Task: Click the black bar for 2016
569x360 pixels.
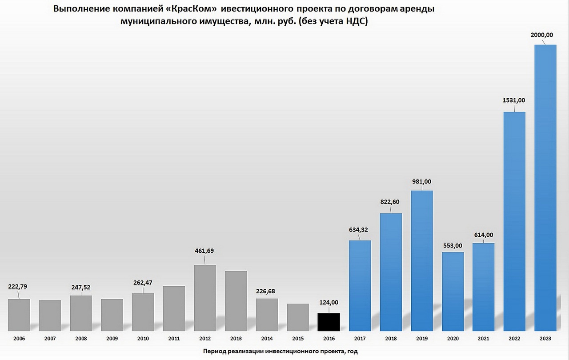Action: pyautogui.click(x=329, y=322)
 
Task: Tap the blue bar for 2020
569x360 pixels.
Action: pyautogui.click(x=453, y=291)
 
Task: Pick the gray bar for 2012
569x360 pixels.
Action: pyautogui.click(x=205, y=298)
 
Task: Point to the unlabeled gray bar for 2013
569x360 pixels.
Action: pyautogui.click(x=236, y=300)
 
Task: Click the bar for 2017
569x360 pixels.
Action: pyautogui.click(x=360, y=285)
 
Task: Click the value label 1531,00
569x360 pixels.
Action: pyautogui.click(x=513, y=101)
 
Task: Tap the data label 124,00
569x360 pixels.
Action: pyautogui.click(x=329, y=302)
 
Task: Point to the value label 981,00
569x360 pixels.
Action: pyautogui.click(x=421, y=181)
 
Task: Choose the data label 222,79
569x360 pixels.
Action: pyautogui.click(x=18, y=286)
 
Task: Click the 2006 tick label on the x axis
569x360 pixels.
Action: pyautogui.click(x=19, y=339)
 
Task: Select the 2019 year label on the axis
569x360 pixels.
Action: pyautogui.click(x=421, y=339)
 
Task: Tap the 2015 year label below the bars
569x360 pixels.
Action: pyautogui.click(x=298, y=339)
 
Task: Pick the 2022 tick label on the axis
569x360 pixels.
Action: pyautogui.click(x=514, y=339)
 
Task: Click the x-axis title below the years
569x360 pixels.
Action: pyautogui.click(x=280, y=351)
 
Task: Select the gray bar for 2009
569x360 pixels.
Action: pyautogui.click(x=112, y=315)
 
